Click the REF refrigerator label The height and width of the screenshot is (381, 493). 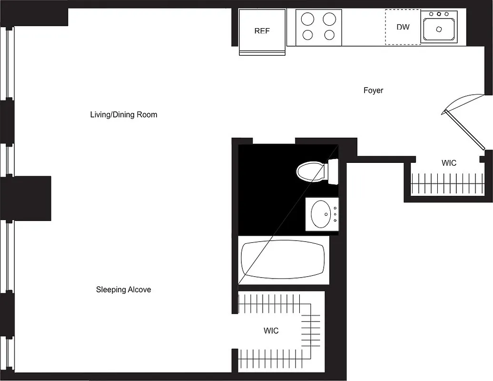(x=262, y=31)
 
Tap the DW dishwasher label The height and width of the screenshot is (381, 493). (x=403, y=27)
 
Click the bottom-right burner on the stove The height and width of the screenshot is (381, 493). (x=329, y=35)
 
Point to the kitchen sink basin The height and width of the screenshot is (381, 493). (x=439, y=30)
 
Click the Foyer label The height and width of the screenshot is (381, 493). (x=373, y=90)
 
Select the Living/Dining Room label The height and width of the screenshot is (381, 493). (x=123, y=115)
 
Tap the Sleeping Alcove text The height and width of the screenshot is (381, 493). (x=123, y=290)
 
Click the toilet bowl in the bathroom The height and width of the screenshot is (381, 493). (x=310, y=172)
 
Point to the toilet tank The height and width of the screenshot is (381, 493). (x=332, y=172)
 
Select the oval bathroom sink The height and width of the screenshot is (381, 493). (x=321, y=214)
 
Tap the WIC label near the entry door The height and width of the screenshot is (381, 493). (x=449, y=163)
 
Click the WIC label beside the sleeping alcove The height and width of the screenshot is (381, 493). (x=271, y=331)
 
